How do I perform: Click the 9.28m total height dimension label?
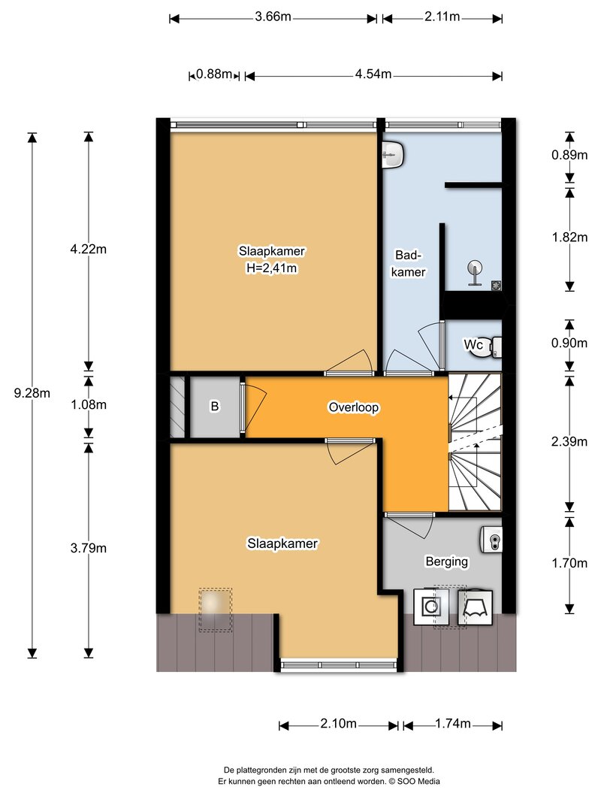32,393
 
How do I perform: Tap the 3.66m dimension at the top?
273,17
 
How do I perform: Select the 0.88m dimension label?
214,74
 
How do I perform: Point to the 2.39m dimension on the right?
569,441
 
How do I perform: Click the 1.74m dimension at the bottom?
453,724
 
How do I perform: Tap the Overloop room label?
354,407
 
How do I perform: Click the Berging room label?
447,561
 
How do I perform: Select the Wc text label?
473,345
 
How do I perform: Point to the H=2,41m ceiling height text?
271,268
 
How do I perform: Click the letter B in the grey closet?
215,406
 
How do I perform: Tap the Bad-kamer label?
409,263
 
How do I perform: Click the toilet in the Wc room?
495,347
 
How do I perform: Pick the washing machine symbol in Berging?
430,607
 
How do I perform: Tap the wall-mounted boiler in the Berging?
491,540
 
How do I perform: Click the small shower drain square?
497,286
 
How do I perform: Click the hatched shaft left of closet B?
177,407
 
